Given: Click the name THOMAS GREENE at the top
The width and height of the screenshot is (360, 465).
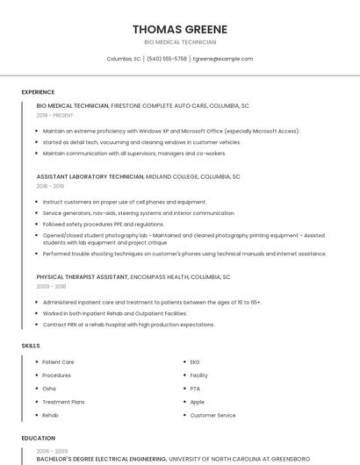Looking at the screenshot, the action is click(x=180, y=29).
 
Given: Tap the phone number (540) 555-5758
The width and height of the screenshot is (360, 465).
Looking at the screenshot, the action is click(x=167, y=59).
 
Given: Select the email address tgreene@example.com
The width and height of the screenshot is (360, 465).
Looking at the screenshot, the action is click(x=223, y=59).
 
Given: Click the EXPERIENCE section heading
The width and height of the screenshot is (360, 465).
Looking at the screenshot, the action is click(x=38, y=92).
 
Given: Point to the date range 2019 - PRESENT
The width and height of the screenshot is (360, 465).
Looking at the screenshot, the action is click(x=55, y=115).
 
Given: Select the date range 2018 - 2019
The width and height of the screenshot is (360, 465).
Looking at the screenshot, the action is click(x=50, y=186).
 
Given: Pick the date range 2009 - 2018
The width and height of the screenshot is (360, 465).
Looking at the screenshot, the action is click(x=50, y=287).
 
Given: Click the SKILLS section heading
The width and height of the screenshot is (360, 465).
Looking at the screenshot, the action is click(x=31, y=346).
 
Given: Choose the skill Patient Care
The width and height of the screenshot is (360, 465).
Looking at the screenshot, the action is click(x=58, y=361).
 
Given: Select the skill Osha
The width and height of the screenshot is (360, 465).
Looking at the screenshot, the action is click(x=49, y=388).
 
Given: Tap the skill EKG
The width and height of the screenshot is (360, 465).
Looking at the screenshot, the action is click(x=195, y=361).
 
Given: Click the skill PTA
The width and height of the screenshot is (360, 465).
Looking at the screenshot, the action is click(x=195, y=388).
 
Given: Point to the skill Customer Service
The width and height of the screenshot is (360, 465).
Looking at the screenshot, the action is click(x=212, y=415).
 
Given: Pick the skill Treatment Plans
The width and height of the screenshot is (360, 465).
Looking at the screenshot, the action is click(x=63, y=401).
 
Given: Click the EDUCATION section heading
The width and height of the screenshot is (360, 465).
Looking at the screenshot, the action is click(x=39, y=438).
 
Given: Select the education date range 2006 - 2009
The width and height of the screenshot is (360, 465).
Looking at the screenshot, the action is click(x=52, y=451).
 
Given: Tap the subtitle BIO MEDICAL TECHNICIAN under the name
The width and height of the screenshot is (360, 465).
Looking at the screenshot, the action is click(x=180, y=42).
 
